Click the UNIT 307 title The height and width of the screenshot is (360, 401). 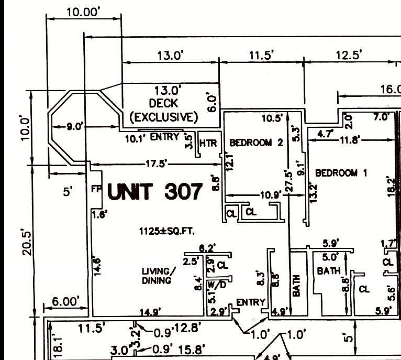point(154,192)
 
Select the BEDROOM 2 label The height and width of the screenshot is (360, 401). point(257,143)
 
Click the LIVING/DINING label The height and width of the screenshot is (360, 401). point(157,276)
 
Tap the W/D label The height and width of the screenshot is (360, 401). point(217,285)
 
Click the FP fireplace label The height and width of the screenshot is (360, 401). point(96,188)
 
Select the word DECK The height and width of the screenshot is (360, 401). point(163,103)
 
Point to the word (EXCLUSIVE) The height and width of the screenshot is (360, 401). point(163,116)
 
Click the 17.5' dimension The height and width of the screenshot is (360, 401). point(156,164)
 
